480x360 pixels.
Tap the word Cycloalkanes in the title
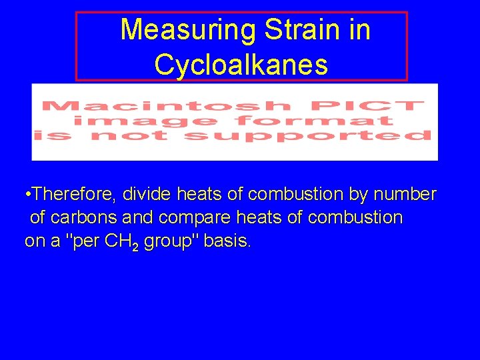pos(241,65)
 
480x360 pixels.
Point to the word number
pos(405,195)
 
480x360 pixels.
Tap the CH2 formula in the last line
pos(121,241)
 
